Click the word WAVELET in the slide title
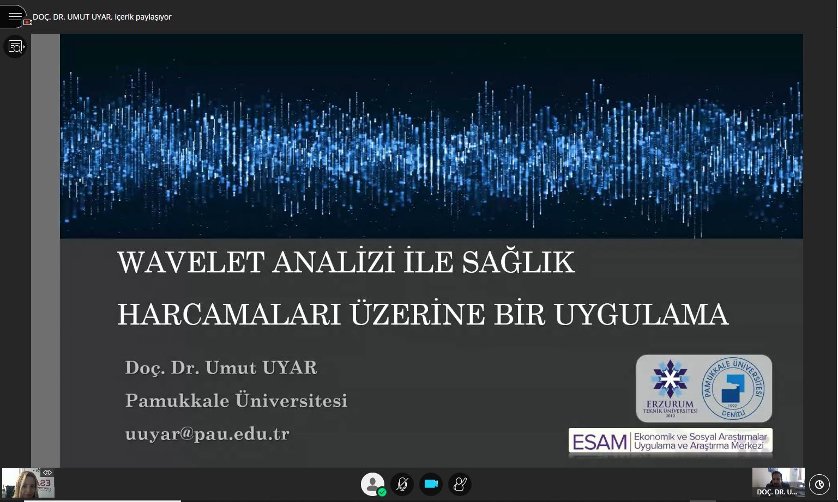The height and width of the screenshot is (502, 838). tap(191, 262)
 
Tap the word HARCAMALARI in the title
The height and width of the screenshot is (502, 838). tap(229, 315)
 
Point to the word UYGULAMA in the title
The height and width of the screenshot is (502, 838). tap(642, 315)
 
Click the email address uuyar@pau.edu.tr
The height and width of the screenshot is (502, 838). tap(207, 433)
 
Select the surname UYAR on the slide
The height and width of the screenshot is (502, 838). tap(290, 368)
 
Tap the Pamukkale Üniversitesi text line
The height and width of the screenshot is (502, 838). tap(236, 400)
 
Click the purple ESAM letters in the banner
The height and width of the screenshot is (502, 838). tap(600, 442)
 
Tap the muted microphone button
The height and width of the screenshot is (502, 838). tap(402, 484)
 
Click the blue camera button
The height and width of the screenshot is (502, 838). tap(431, 484)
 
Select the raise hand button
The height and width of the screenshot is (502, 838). tap(460, 484)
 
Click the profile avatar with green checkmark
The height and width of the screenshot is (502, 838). tap(373, 485)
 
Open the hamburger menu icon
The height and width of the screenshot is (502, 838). tap(15, 16)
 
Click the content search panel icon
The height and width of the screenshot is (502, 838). tap(15, 47)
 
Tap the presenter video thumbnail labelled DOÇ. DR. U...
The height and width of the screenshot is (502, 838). tap(778, 482)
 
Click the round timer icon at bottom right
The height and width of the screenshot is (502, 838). tap(819, 485)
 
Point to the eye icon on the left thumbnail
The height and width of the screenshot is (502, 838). tap(47, 473)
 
